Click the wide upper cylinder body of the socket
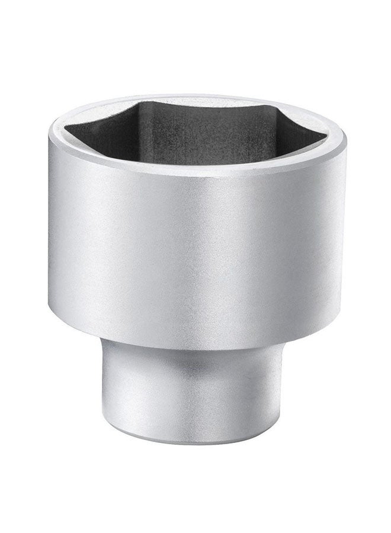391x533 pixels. pyautogui.click(x=195, y=237)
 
